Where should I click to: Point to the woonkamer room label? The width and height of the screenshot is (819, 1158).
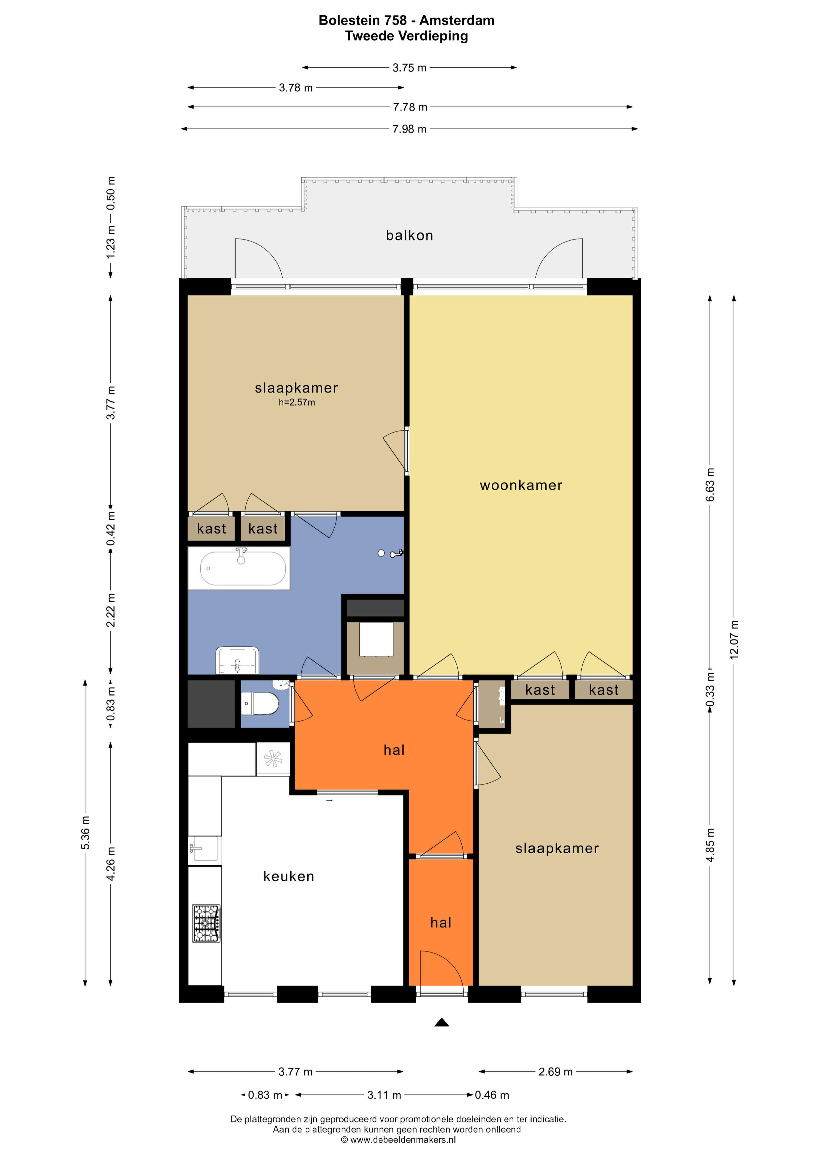(521, 485)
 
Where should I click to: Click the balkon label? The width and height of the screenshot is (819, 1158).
(409, 236)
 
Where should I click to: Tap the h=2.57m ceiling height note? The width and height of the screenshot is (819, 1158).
(296, 403)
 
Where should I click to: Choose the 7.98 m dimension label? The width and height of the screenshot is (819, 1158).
(409, 129)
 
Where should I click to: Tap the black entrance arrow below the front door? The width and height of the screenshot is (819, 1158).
(442, 1022)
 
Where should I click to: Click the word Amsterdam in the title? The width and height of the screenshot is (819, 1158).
(457, 21)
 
